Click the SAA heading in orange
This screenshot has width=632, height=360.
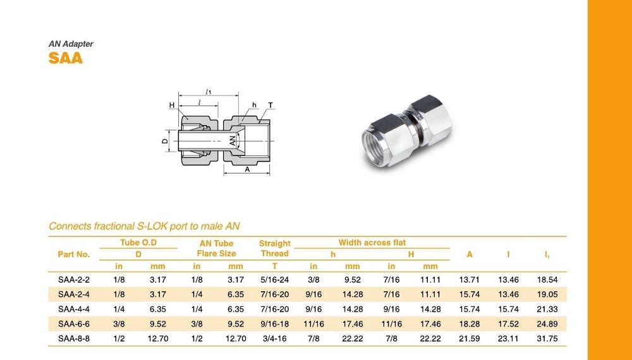[x=66, y=58]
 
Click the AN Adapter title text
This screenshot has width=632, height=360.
[x=71, y=44]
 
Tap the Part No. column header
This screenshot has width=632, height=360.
[x=74, y=255]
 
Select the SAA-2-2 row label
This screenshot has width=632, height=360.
[x=74, y=279]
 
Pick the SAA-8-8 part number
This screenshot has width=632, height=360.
[x=74, y=339]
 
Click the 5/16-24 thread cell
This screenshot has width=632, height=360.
[x=274, y=279]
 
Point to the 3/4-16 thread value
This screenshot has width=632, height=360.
[x=274, y=339]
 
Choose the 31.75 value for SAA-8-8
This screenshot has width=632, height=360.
[x=547, y=339]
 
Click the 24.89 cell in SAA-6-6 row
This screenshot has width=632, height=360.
[x=547, y=324]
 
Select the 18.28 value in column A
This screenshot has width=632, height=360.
[x=469, y=324]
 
